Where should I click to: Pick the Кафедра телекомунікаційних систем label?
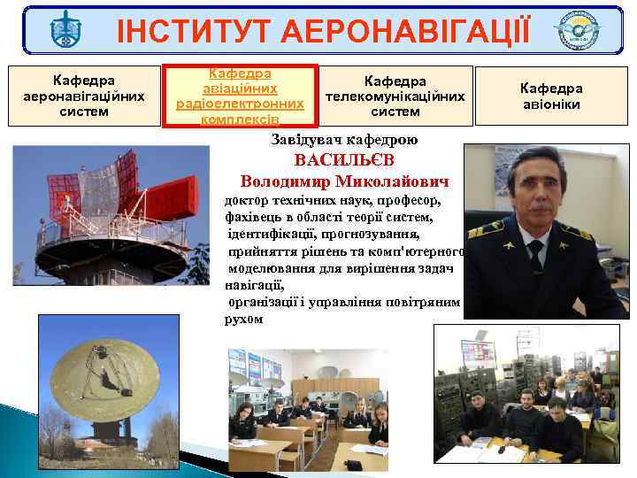click(x=395, y=96)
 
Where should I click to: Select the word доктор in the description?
click(x=250, y=202)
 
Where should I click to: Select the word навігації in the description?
click(x=255, y=285)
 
